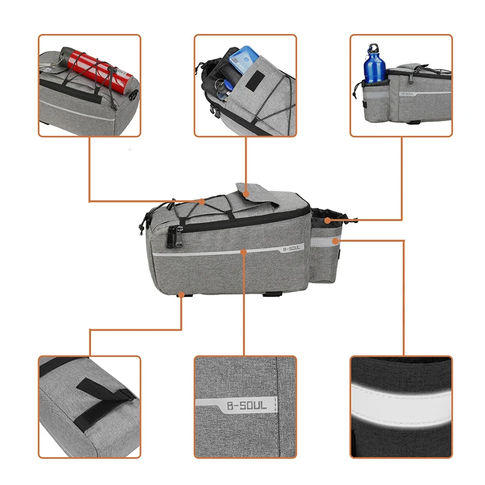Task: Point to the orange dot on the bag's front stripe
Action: click(244, 249)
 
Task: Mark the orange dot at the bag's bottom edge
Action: click(182, 295)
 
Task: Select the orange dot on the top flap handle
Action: click(246, 194)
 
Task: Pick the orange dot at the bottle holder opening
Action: click(327, 219)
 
